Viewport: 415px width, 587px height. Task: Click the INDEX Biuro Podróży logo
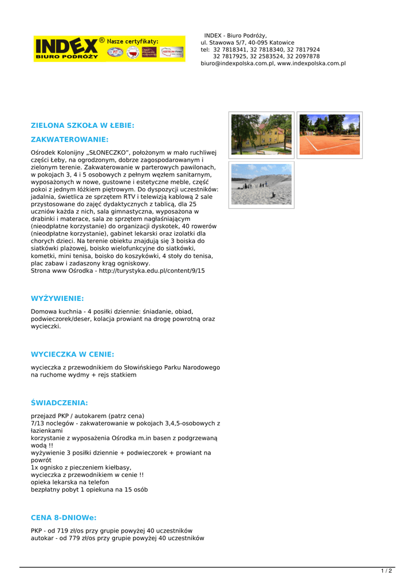point(66,48)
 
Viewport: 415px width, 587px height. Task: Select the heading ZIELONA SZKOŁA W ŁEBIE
point(82,125)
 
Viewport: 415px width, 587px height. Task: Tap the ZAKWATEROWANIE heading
point(69,139)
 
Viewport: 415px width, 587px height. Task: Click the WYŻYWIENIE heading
point(57,299)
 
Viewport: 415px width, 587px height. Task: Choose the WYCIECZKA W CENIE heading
point(72,354)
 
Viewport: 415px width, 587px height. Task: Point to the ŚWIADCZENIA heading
point(60,403)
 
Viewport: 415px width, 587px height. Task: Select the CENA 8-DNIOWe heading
point(64,518)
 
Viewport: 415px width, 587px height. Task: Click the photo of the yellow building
point(262,135)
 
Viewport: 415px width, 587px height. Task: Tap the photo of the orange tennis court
point(329,135)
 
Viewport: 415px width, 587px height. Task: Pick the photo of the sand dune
point(262,185)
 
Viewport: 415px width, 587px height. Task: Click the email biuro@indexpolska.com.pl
point(237,64)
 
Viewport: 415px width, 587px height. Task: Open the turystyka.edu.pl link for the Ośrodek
point(152,271)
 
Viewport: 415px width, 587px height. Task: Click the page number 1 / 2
point(386,570)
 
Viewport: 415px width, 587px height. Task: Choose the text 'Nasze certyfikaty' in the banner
point(133,41)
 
